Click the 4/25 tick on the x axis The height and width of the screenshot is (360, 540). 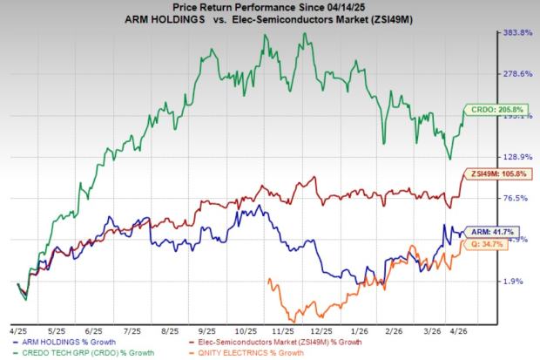(17, 332)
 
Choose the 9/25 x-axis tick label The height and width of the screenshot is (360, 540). (207, 332)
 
